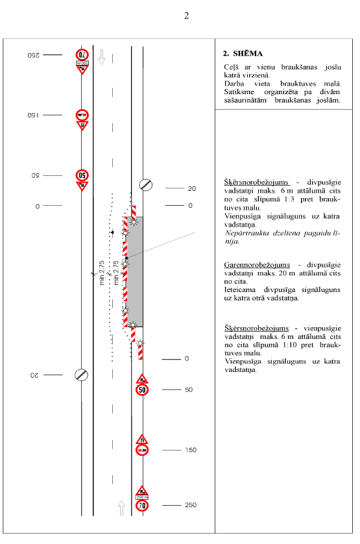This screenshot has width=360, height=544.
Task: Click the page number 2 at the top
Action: (x=187, y=16)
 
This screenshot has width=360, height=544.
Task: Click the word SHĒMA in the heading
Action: (x=248, y=53)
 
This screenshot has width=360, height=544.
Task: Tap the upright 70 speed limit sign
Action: (x=142, y=505)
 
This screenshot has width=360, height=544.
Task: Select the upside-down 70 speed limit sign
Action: (x=82, y=55)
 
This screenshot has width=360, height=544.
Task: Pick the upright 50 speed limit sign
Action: (x=142, y=389)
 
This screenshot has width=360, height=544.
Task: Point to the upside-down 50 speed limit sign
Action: (x=82, y=175)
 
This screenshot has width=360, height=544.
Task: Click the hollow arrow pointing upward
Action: (x=121, y=508)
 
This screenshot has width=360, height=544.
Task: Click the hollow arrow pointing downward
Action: (x=102, y=57)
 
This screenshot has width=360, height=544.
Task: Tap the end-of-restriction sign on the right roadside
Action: (x=146, y=185)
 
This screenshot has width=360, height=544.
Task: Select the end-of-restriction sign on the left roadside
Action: (x=82, y=375)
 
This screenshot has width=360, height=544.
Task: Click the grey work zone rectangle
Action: (x=134, y=271)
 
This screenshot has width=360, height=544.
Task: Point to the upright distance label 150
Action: (x=191, y=450)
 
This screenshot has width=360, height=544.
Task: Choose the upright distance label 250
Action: (x=191, y=505)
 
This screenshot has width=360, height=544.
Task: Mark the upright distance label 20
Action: (x=192, y=188)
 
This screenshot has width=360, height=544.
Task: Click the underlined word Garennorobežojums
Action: (x=257, y=265)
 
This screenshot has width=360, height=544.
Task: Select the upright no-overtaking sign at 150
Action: (x=142, y=451)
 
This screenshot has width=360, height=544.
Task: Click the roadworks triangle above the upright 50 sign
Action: (x=142, y=378)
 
